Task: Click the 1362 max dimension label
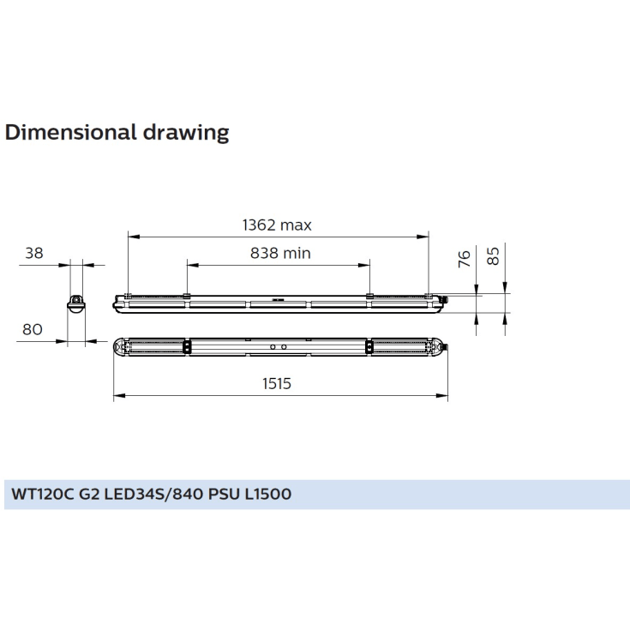pos(277,225)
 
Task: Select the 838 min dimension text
pos(280,253)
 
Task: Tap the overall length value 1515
pos(277,384)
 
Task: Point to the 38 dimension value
pos(34,253)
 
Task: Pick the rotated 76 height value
pos(465,258)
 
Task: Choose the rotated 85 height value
pos(493,256)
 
